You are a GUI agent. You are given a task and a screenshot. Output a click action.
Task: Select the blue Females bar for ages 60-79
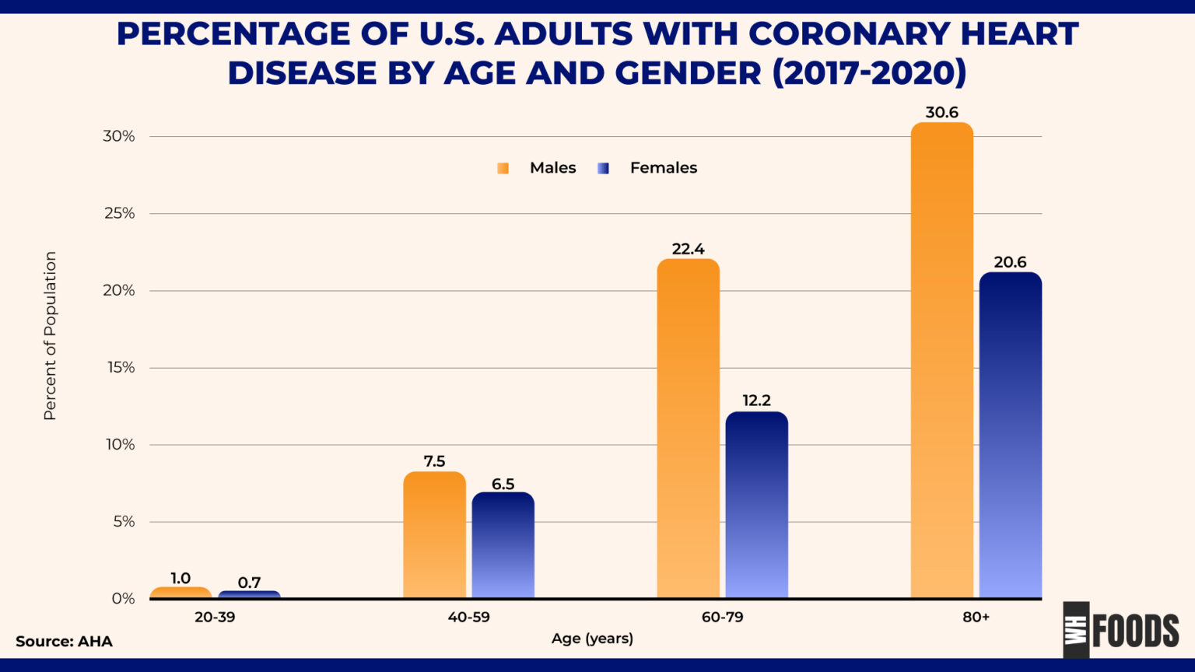[x=756, y=505]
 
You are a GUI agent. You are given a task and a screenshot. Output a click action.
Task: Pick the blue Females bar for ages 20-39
[x=249, y=594]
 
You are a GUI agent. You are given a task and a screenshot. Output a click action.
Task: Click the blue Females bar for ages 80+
[x=1010, y=435]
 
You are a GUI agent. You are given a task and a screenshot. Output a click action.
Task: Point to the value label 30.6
[x=941, y=113]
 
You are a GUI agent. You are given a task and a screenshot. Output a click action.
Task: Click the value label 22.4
[x=688, y=249]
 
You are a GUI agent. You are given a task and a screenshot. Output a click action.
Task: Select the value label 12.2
[x=756, y=401]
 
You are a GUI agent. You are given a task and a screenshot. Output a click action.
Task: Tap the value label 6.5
[x=503, y=484]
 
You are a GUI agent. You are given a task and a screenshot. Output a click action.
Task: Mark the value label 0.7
[x=249, y=582]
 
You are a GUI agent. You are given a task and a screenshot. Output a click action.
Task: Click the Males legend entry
[x=538, y=168]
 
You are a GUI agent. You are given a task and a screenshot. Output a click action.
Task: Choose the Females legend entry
[x=648, y=168]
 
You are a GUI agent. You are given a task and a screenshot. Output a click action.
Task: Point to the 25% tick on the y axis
[x=119, y=213]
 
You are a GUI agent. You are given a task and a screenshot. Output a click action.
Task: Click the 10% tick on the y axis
[x=119, y=444]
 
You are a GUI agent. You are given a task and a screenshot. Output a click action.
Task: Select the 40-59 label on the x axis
[x=468, y=617]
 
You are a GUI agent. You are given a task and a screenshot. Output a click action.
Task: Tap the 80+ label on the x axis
[x=976, y=617]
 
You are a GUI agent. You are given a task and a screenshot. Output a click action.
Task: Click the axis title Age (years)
[x=592, y=639]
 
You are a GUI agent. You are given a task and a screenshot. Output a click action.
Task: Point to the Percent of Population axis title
[x=50, y=336]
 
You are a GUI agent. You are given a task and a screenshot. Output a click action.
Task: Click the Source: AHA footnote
[x=64, y=642]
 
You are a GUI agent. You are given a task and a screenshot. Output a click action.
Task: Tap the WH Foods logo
[x=1121, y=630]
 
